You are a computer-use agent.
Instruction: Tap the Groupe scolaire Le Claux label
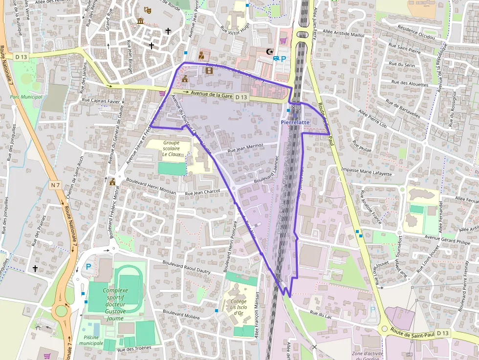pos(172,148)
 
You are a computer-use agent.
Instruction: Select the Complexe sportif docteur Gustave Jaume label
pos(115,300)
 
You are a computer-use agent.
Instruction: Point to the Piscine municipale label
pos(91,340)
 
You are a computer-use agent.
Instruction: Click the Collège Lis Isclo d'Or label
pos(238,307)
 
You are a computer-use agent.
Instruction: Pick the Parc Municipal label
pos(26,97)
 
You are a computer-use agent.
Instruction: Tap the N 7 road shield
pos(55,185)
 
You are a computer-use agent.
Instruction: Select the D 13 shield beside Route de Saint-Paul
pos(442,333)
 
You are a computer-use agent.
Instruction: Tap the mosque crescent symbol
pos(268,51)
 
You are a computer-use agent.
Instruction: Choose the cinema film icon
pos(209,70)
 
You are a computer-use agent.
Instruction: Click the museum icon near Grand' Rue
pos(141,21)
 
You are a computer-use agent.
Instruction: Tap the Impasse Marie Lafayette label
pos(367,172)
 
